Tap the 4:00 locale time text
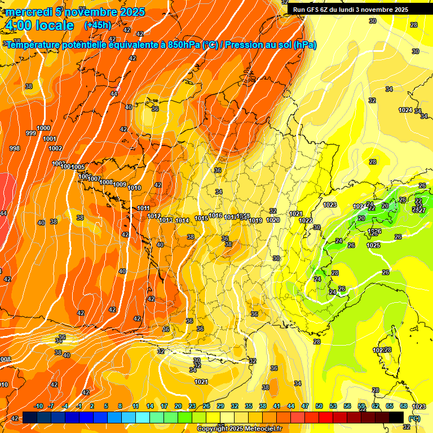tap(39, 25)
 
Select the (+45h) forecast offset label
tap(98, 25)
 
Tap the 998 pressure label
tap(15, 148)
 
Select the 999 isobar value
tap(31, 133)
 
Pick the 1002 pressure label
tap(55, 148)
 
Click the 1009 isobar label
tap(120, 184)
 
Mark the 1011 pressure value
tap(144, 208)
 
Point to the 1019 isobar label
tap(255, 220)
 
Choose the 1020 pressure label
tap(273, 220)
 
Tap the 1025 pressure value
tap(373, 245)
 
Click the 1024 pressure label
tap(405, 110)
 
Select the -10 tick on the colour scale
tap(38, 406)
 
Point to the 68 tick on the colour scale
tap(404, 406)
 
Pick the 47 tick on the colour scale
tap(305, 406)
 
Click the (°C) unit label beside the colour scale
tap(414, 418)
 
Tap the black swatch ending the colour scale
tap(396, 417)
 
